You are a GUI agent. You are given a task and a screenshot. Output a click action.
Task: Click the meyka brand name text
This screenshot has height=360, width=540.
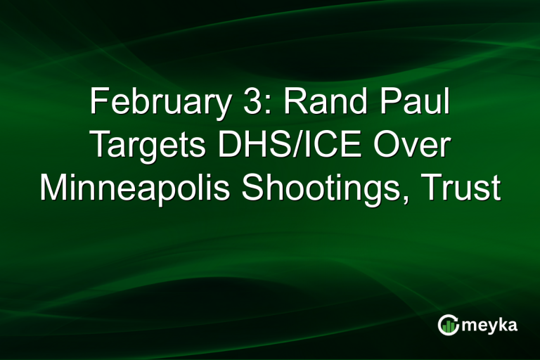[x=489, y=326]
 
